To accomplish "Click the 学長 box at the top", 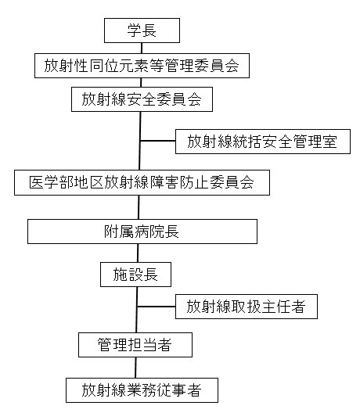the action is tap(142, 31).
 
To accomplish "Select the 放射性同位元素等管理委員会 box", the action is tap(142, 66).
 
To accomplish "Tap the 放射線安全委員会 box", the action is tap(142, 99).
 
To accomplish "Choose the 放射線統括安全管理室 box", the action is tap(263, 142).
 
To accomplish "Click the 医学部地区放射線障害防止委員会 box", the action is tap(142, 182).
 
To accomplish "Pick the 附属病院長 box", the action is tap(142, 232).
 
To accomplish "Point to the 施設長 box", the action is tap(135, 275).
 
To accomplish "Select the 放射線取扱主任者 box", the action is tap(247, 307).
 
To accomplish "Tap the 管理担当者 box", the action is tap(135, 345).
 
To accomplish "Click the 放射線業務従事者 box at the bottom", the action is tap(142, 390).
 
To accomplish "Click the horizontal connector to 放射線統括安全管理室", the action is tap(157, 141).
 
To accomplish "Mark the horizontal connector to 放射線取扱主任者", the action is tap(156, 307).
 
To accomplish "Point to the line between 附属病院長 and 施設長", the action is tap(138, 253).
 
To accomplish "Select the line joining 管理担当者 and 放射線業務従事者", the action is tap(135, 368).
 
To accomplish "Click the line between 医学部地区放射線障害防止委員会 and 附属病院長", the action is tap(139, 207).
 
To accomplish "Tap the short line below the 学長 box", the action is tap(142, 48).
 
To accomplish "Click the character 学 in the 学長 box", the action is tap(134, 31).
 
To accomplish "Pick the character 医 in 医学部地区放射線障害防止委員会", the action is tap(37, 182).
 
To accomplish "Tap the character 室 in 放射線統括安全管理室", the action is tap(330, 142).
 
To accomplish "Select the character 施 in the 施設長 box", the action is tap(120, 275).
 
